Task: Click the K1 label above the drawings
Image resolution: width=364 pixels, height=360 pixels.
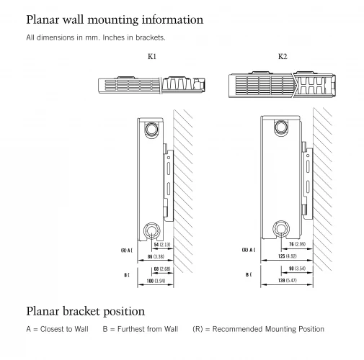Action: (152, 56)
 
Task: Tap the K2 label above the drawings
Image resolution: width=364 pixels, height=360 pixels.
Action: (283, 56)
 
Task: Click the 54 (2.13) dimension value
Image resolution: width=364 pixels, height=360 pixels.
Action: (162, 245)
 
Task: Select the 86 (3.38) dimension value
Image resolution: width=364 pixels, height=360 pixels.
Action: (156, 256)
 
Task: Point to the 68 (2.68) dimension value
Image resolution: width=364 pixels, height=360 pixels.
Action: (162, 269)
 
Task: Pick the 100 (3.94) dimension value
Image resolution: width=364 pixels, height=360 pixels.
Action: (156, 281)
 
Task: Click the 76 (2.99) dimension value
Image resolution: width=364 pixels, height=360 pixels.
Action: (297, 244)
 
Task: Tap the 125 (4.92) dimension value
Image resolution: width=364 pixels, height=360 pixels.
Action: (288, 256)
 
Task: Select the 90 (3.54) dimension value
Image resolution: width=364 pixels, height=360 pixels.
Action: (297, 269)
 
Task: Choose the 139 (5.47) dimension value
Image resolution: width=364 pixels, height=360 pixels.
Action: (288, 280)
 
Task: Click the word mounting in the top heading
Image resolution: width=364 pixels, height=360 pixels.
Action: (113, 20)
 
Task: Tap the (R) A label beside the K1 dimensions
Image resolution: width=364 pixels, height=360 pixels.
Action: (127, 251)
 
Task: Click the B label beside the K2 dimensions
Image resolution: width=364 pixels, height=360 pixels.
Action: (249, 274)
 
